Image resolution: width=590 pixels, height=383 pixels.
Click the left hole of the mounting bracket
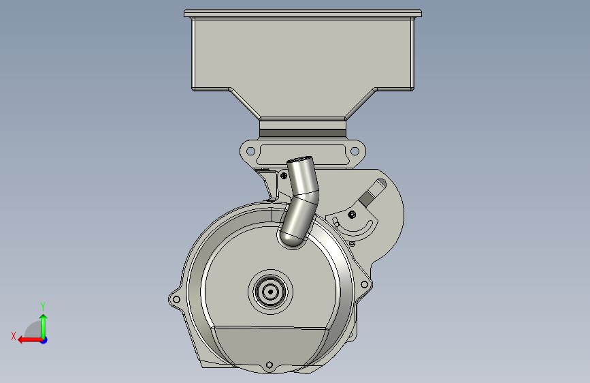pos(250,151)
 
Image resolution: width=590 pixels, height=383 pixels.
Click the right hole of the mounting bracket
pos(355,151)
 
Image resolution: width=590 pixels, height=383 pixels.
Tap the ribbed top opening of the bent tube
pos(300,160)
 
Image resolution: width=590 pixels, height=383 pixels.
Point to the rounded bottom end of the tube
pos(292,241)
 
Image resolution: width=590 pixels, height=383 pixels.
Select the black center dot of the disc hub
pos(270,292)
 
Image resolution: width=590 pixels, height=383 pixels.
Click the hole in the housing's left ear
pos(176,300)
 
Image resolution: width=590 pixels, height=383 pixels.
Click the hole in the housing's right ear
pos(364,285)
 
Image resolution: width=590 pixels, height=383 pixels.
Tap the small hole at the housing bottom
pos(269,365)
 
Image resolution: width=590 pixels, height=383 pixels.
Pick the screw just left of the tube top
pos(284,176)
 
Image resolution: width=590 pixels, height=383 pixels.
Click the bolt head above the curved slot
pos(352,215)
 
